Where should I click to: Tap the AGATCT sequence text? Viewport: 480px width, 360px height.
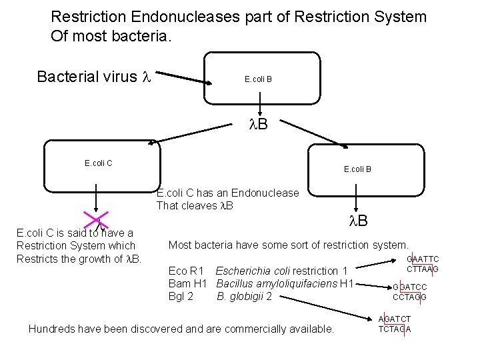(x=395, y=319)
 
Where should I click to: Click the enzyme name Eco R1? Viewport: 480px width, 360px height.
(x=186, y=271)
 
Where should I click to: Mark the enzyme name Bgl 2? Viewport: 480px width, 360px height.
(x=181, y=296)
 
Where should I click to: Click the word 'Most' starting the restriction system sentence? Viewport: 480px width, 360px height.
(x=181, y=245)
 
